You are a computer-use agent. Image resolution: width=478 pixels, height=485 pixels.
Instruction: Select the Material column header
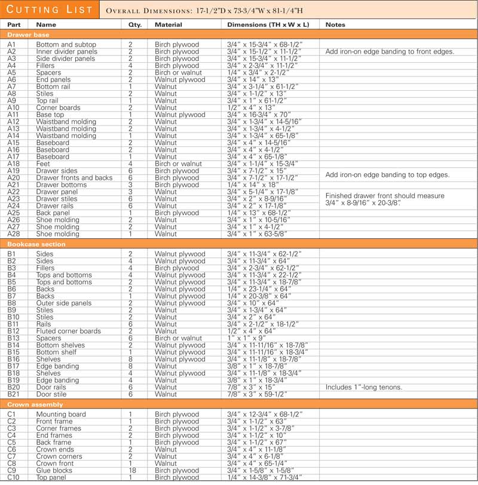(168, 25)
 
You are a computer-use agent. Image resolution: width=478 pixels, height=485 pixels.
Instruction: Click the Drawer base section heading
(28, 35)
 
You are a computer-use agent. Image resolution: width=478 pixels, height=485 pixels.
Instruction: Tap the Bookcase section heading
(36, 244)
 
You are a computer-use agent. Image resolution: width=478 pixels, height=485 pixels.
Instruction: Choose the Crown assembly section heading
(35, 404)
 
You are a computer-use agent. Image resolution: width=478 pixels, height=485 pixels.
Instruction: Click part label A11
(13, 115)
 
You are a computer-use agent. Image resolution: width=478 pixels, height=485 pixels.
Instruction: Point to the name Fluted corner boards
(68, 331)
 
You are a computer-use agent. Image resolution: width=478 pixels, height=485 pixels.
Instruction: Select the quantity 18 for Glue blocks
(130, 470)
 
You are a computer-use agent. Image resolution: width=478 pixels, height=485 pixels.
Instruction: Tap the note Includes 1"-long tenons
(363, 387)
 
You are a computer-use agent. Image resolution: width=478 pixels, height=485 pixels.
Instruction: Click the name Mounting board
(61, 414)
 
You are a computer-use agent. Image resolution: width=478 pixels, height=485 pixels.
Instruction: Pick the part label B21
(13, 394)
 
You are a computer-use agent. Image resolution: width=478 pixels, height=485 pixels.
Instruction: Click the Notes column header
(335, 25)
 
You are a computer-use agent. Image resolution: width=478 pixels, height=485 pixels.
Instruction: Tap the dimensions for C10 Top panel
(264, 477)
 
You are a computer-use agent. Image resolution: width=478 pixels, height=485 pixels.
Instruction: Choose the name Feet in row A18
(43, 164)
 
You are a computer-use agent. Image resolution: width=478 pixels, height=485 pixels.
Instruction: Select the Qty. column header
(130, 25)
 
